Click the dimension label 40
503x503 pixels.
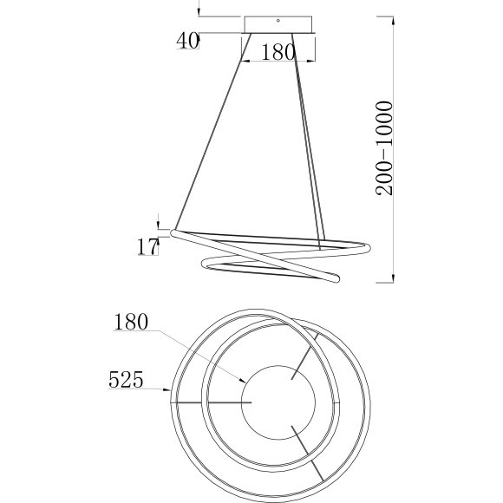(188, 41)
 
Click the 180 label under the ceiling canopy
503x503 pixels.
(278, 52)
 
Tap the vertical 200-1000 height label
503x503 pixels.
(384, 148)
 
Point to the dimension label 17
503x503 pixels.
(148, 246)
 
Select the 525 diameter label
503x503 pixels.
(126, 380)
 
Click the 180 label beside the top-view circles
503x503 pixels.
(131, 322)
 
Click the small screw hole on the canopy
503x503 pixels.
(278, 21)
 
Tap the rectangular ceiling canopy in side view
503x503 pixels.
(278, 24)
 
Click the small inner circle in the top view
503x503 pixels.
(278, 366)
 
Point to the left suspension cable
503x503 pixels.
(213, 131)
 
